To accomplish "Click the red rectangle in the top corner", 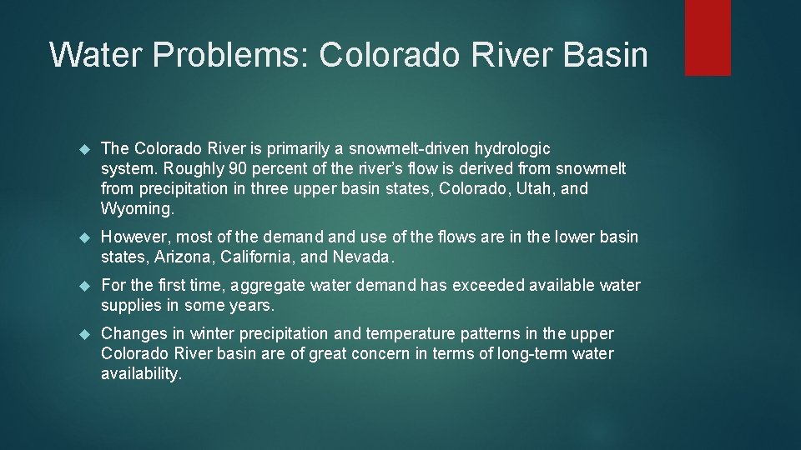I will pos(708,37).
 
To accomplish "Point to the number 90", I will pos(238,168).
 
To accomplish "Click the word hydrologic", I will pos(512,148).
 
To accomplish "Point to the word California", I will pos(259,257).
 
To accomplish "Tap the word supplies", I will pos(130,306).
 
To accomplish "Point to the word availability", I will pos(140,374).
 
